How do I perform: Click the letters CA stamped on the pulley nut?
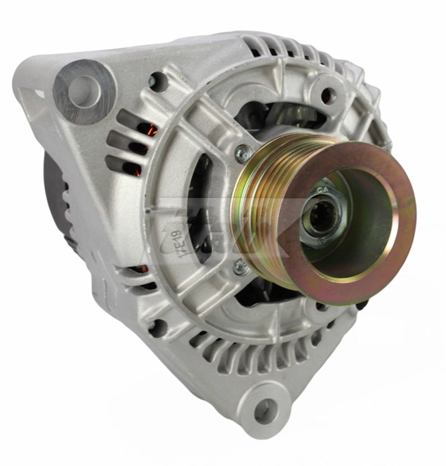click(324, 189)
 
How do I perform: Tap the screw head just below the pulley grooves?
click(242, 267)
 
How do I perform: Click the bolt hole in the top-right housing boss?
click(328, 96)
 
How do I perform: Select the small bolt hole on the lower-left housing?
click(155, 326)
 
